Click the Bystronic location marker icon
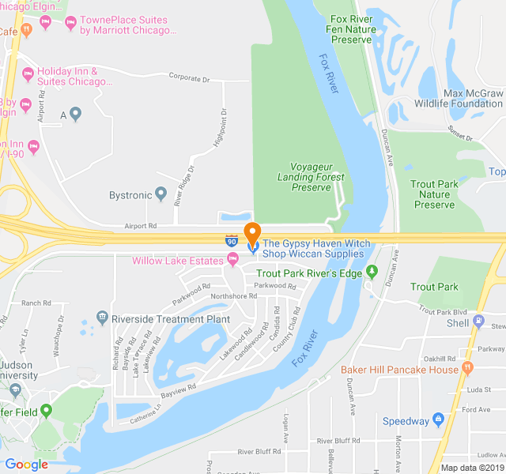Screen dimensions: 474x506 point(160,193)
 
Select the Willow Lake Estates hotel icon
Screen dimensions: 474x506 point(232,260)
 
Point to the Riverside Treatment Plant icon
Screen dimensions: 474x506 point(102,318)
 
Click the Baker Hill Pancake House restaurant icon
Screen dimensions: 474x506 point(467,369)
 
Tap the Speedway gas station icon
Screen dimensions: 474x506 point(439,420)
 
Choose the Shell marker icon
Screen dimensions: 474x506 point(479,322)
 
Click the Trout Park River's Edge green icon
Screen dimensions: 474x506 point(372,273)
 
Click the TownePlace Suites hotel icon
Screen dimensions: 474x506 point(46,24)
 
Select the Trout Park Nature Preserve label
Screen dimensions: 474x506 point(434,194)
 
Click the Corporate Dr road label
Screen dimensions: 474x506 point(189,77)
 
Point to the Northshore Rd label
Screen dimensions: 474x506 point(233,296)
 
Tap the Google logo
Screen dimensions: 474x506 point(26,465)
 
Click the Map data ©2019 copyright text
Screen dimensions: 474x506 point(470,467)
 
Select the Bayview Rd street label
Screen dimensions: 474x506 point(178,389)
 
